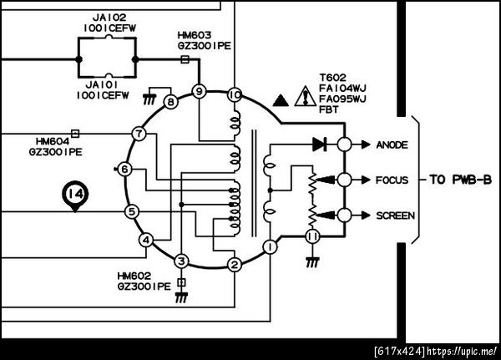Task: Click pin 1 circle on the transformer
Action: point(270,247)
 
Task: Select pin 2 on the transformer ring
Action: point(235,265)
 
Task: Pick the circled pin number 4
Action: point(146,241)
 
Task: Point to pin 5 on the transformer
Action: point(131,211)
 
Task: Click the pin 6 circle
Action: point(125,170)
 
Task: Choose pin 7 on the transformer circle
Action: point(139,134)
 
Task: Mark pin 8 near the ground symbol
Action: point(170,103)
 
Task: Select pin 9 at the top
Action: point(199,90)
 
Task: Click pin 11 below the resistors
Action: point(312,237)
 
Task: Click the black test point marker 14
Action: point(75,195)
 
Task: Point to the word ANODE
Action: point(392,145)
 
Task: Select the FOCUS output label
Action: point(392,180)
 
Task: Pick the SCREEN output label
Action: point(394,215)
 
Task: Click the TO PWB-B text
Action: point(458,179)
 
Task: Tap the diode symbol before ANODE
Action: point(319,145)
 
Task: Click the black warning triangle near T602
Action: point(281,99)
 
